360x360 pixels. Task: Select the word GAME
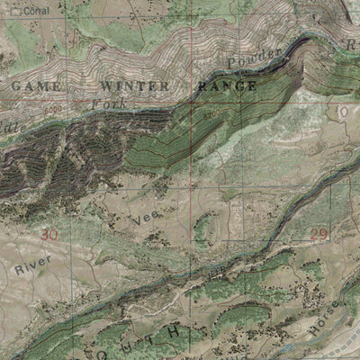coord(37,86)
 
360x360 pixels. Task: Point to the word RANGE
coord(226,86)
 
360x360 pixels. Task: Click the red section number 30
coord(49,235)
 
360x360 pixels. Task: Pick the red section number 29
coord(319,235)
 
